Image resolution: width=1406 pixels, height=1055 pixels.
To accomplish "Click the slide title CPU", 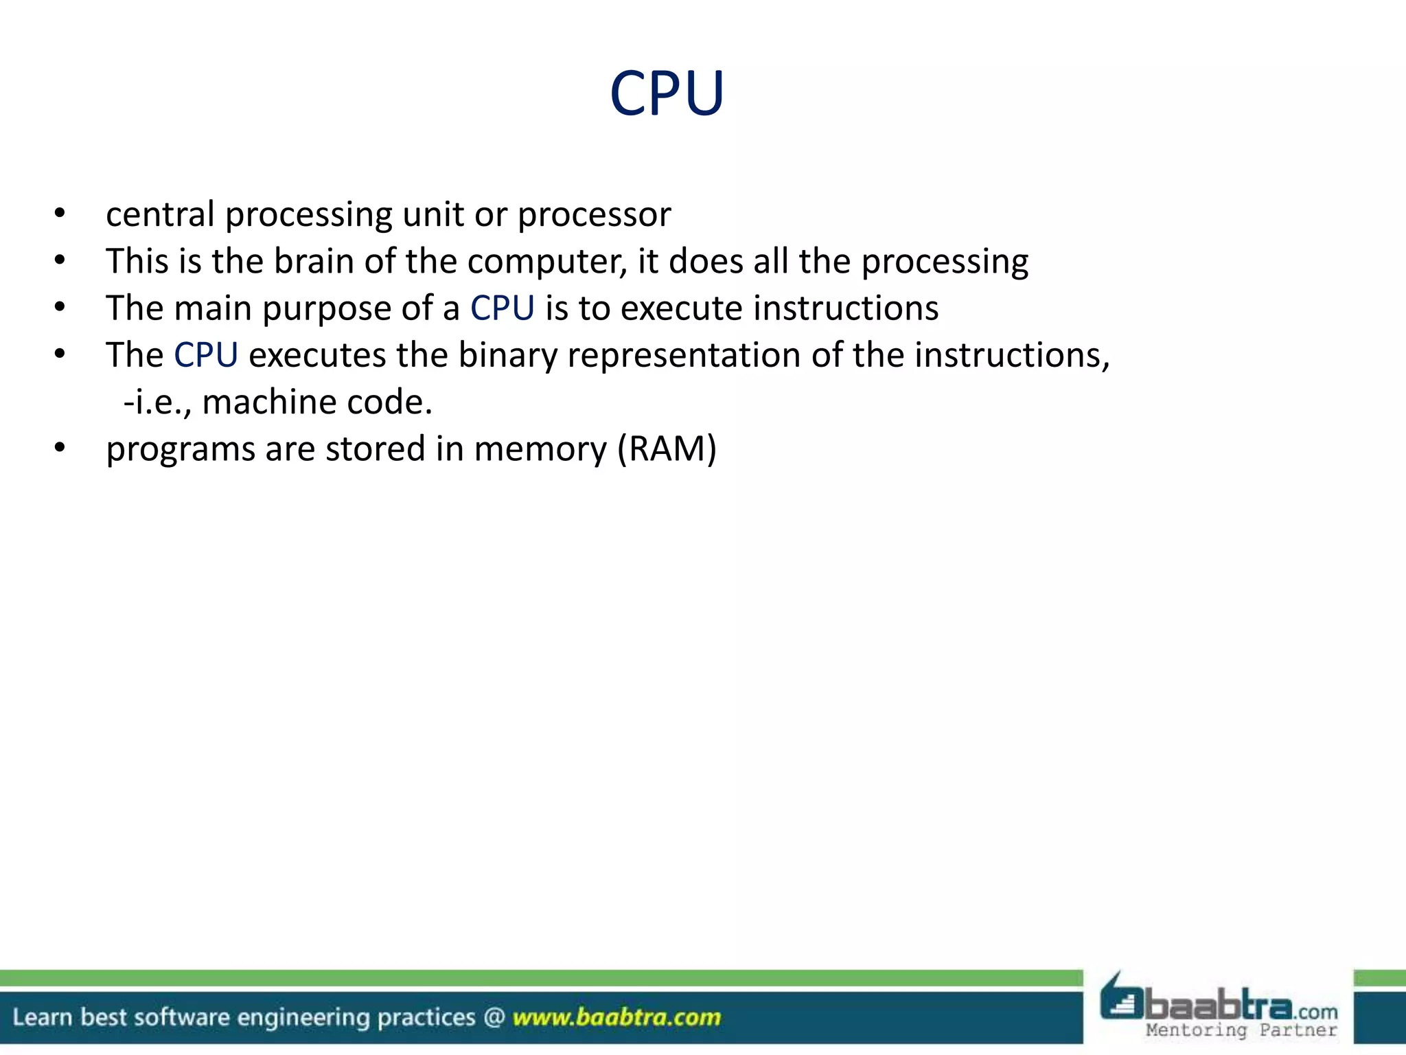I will tap(667, 93).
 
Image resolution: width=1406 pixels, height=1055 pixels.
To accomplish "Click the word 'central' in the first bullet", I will tap(160, 214).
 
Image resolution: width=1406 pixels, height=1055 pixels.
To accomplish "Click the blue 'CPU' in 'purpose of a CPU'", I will tap(502, 308).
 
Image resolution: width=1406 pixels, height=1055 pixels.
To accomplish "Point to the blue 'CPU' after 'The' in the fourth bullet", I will tap(206, 355).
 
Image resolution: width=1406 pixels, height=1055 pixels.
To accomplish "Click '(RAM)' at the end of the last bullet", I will tap(667, 449).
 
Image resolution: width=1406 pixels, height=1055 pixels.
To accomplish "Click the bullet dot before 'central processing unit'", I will tap(60, 214).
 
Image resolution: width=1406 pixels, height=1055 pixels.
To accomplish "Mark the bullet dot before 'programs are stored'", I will tap(60, 449).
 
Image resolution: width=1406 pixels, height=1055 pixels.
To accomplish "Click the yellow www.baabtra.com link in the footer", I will tap(616, 1017).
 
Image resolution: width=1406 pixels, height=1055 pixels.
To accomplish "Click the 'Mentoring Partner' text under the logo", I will tap(1241, 1030).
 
